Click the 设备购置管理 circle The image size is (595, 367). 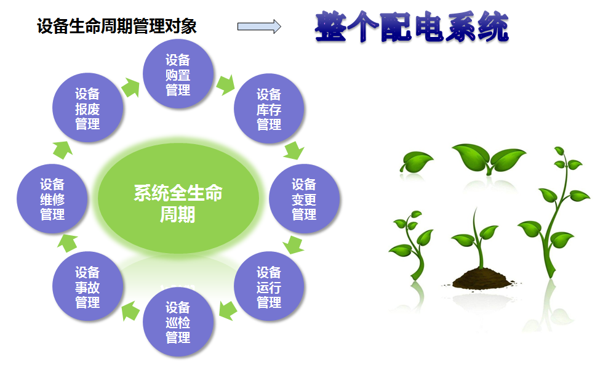[178, 74]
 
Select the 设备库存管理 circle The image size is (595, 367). [269, 108]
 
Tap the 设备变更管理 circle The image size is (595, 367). [304, 199]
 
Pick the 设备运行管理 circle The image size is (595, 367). [269, 286]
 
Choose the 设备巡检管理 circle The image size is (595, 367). [178, 322]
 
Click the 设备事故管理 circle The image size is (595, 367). [87, 286]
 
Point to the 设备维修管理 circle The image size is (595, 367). [52, 199]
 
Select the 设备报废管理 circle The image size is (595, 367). [87, 108]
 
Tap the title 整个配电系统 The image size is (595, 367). [412, 26]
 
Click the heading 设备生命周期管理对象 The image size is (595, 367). [117, 26]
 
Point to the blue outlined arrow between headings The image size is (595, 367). [259, 26]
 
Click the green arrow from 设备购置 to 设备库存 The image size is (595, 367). [226, 85]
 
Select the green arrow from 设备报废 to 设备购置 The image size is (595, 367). [130, 88]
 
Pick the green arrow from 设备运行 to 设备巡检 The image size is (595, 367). [228, 310]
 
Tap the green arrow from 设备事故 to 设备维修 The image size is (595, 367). [68, 243]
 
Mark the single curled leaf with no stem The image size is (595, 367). [416, 162]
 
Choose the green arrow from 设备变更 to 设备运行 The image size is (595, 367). [294, 244]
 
